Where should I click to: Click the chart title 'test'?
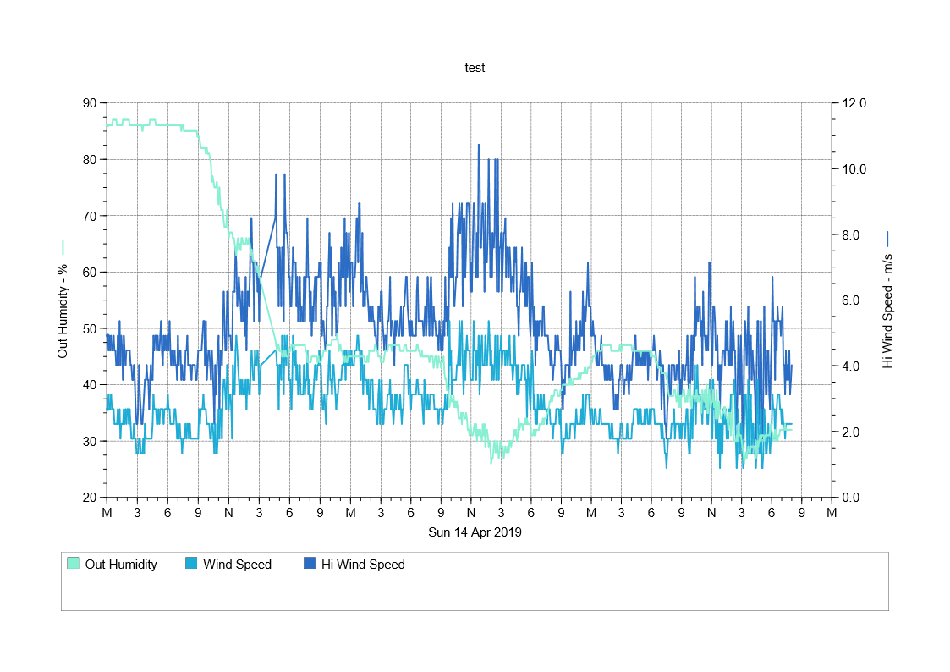[x=475, y=68]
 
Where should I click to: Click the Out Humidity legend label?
[x=121, y=565]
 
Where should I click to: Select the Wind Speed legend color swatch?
[x=191, y=565]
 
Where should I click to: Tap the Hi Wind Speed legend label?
[x=363, y=565]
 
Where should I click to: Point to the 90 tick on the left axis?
[x=89, y=103]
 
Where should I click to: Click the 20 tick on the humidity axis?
[x=89, y=498]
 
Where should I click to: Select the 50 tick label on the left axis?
[x=89, y=328]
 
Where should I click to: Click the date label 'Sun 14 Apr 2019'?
[x=475, y=532]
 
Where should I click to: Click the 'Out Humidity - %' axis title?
[x=63, y=309]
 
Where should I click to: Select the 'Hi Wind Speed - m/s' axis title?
[x=887, y=311]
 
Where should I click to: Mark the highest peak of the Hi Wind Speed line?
[x=479, y=145]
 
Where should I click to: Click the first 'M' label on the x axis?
[x=107, y=513]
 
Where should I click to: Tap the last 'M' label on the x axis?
[x=832, y=513]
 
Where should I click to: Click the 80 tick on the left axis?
[x=89, y=159]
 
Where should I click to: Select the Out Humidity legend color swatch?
[x=73, y=565]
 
